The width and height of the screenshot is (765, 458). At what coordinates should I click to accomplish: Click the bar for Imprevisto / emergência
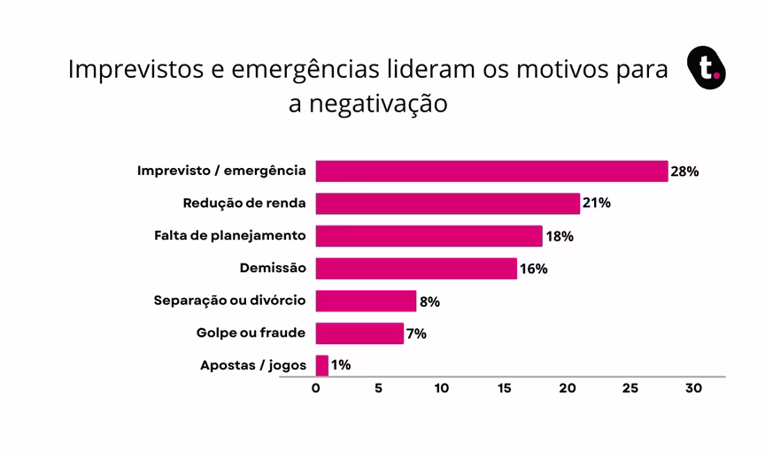[491, 172]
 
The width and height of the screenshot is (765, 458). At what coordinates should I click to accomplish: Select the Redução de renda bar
[447, 203]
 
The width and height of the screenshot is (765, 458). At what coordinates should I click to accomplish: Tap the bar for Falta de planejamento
[429, 236]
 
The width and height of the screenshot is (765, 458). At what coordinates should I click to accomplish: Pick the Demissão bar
[416, 268]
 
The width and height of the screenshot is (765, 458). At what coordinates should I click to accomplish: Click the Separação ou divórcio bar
[366, 301]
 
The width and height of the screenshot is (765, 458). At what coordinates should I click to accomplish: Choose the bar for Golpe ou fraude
[359, 333]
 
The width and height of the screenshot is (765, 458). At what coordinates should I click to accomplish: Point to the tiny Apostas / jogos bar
[321, 365]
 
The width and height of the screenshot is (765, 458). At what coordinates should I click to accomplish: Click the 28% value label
[684, 172]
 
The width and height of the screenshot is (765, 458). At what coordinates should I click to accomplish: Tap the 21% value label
[597, 203]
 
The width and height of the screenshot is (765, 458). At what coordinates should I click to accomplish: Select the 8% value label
[429, 302]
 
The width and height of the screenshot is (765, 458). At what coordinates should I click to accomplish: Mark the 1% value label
[339, 365]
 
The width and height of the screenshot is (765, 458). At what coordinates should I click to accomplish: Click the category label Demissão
[273, 268]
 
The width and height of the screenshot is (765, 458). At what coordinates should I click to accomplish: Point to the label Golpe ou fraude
[251, 332]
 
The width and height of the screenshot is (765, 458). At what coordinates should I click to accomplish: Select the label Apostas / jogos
[253, 365]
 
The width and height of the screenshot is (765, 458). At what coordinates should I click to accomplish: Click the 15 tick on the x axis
[505, 388]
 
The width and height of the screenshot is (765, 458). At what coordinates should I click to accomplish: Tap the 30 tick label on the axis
[693, 388]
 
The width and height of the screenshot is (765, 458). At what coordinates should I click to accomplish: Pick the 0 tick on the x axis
[316, 388]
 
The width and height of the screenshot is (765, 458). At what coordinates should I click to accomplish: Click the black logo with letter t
[707, 68]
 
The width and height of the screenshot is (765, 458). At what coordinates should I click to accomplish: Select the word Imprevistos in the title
[134, 69]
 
